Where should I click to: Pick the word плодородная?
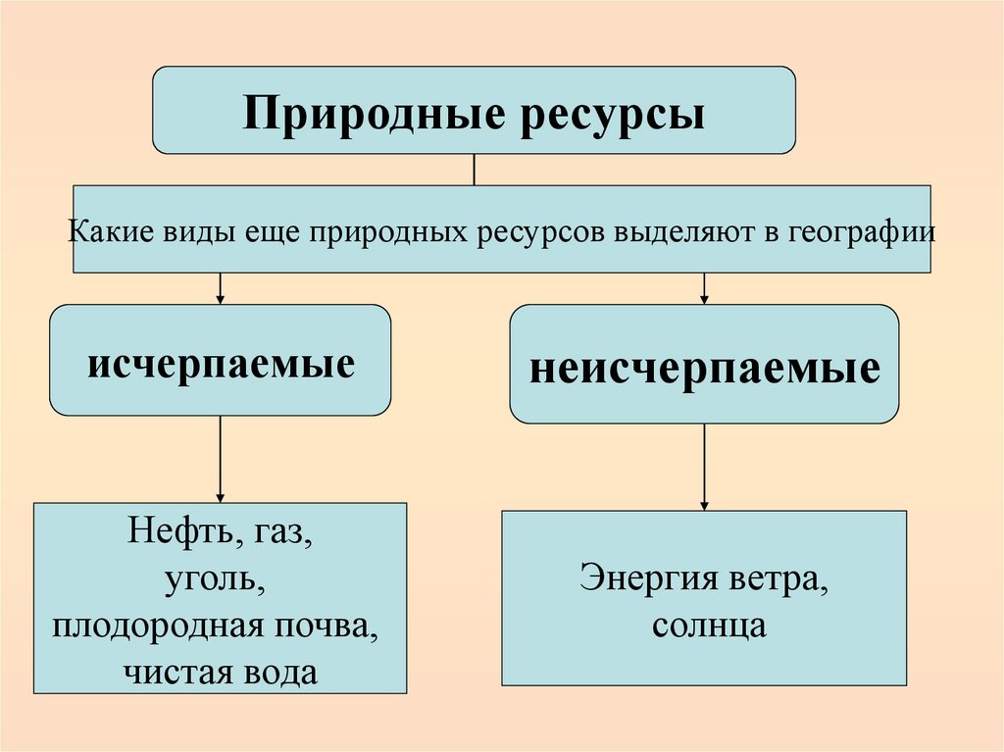pyautogui.click(x=168, y=627)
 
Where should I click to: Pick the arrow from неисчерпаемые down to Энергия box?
pyautogui.click(x=704, y=467)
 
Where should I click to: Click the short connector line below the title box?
pyautogui.click(x=475, y=170)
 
